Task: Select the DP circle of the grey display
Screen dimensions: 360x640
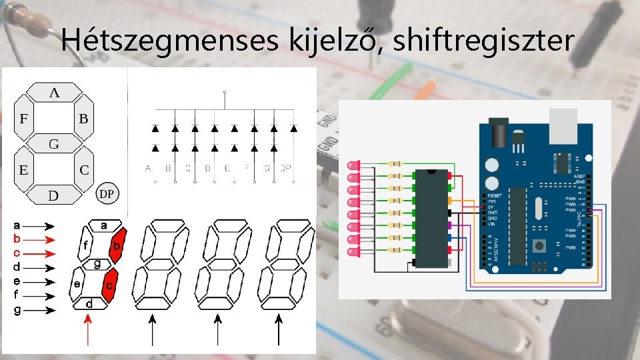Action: point(107,193)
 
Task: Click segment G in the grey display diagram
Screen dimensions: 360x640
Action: point(55,143)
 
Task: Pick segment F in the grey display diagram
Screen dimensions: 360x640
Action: point(24,119)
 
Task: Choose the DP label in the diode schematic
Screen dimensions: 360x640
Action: point(286,169)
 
